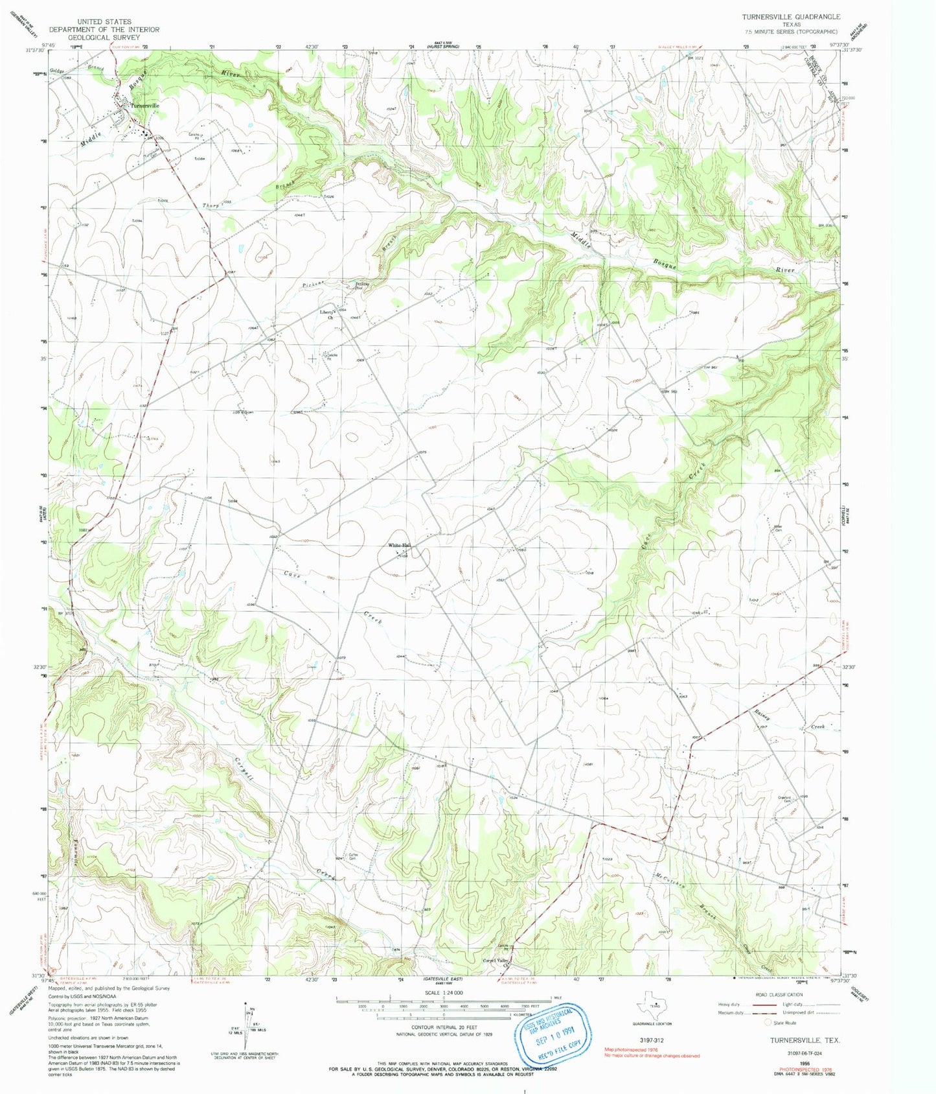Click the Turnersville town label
pyautogui.click(x=144, y=106)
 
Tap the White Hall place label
pyautogui.click(x=400, y=545)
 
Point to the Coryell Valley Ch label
pyautogui.click(x=497, y=962)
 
